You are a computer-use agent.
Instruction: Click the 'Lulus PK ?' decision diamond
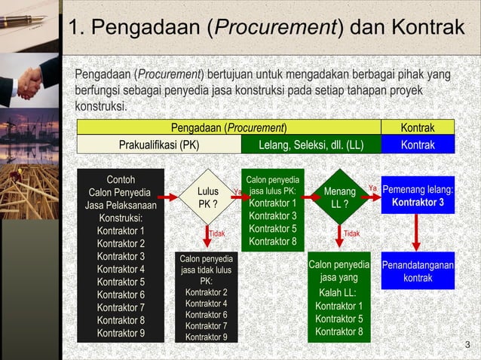(208, 198)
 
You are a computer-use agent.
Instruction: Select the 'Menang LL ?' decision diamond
(339, 198)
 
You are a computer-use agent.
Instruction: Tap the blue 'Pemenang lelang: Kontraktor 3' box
(418, 196)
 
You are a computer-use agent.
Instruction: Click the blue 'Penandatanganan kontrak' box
(418, 272)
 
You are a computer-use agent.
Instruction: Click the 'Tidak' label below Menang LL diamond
(351, 234)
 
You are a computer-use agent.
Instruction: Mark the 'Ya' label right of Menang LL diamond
(372, 188)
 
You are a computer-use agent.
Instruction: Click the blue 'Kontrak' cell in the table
(418, 145)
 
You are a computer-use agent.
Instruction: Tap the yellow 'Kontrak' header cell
(418, 127)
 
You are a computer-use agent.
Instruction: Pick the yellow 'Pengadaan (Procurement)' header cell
(228, 127)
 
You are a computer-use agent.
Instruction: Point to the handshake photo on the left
(30, 79)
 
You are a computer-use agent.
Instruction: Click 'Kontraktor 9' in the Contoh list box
(121, 333)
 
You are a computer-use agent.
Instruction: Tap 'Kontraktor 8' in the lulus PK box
(273, 241)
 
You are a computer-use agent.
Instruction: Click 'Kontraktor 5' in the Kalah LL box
(339, 319)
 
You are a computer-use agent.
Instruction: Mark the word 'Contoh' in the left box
(121, 179)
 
